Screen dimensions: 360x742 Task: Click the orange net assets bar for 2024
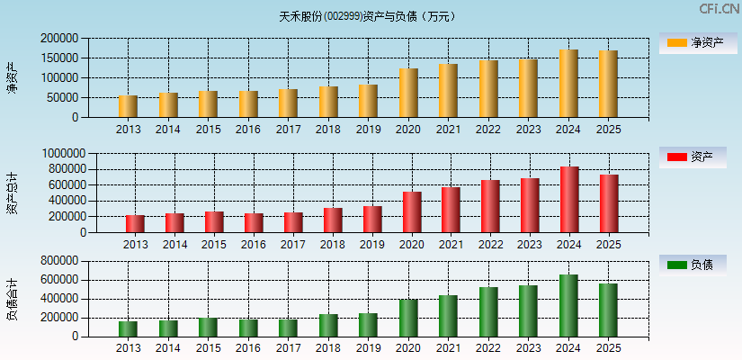[568, 84]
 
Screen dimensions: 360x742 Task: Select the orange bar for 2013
[128, 106]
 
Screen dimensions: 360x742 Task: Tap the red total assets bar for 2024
[568, 200]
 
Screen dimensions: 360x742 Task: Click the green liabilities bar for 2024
[568, 306]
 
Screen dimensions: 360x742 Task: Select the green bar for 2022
[488, 312]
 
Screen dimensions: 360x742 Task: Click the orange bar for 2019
[368, 101]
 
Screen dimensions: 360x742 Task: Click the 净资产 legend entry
[692, 42]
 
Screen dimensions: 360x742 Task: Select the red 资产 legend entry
[692, 157]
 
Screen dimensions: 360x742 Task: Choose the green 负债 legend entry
[692, 265]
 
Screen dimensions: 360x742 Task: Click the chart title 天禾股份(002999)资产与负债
[367, 16]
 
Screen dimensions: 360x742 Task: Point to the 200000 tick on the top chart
[58, 39]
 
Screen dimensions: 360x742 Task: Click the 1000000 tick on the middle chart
[62, 154]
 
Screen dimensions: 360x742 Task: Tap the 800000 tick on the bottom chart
[58, 261]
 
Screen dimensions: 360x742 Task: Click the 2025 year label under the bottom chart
[609, 348]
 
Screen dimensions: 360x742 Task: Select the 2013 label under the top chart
[128, 130]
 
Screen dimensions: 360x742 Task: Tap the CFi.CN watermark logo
[719, 8]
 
